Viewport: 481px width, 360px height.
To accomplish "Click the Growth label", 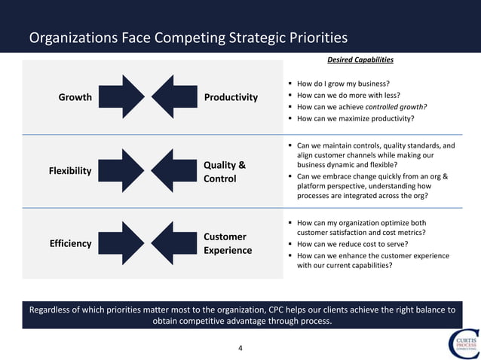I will (x=75, y=97).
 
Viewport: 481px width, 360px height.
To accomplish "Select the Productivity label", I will (x=231, y=97).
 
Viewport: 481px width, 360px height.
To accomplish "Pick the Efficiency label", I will (x=70, y=243).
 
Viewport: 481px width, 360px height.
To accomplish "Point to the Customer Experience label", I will (x=228, y=243).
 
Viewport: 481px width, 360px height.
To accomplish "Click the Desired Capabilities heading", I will (x=361, y=59).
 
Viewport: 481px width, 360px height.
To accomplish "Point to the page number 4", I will (x=240, y=348).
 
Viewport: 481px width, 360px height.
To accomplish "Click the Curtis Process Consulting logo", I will (x=462, y=343).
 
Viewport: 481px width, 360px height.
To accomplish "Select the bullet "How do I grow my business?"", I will (x=343, y=83).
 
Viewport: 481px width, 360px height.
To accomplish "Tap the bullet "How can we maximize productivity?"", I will (x=355, y=118).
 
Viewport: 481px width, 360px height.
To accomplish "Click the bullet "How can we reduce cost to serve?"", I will (x=353, y=244).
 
